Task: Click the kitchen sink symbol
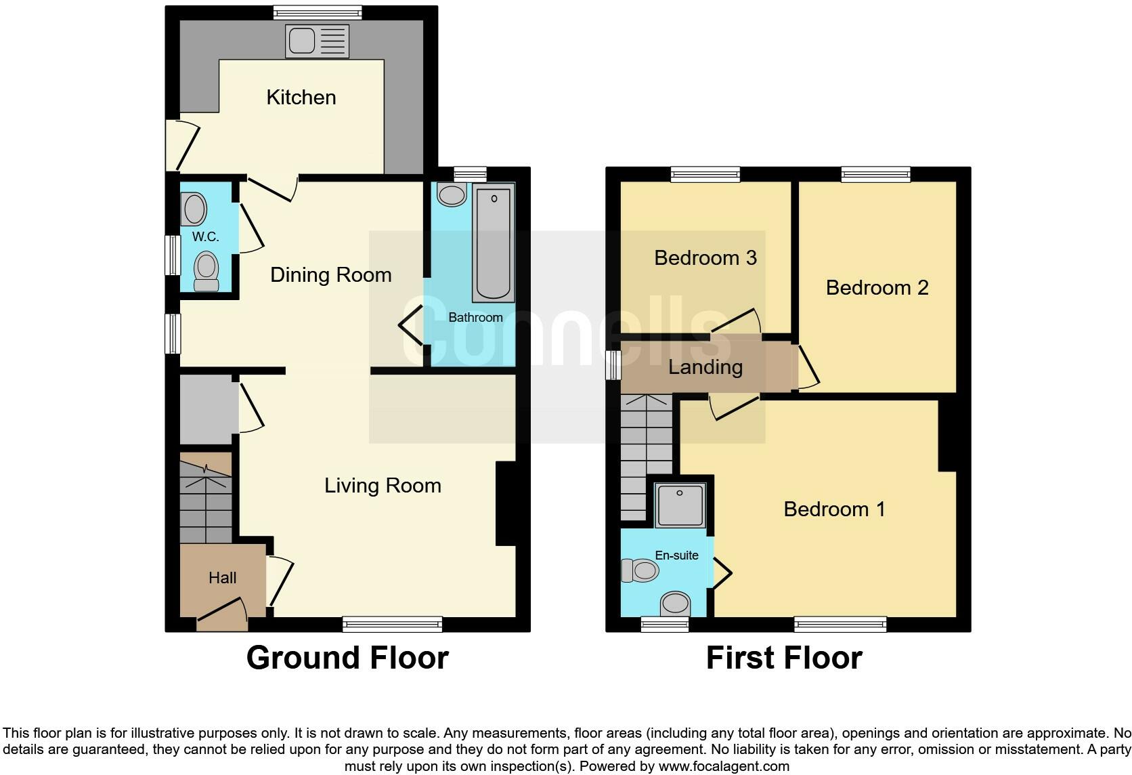(x=317, y=41)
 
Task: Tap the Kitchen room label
(x=301, y=98)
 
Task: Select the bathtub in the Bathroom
(x=494, y=243)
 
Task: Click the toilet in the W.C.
(x=206, y=270)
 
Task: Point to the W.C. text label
(x=205, y=236)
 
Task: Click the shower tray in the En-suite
(x=681, y=505)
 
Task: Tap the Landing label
(x=705, y=367)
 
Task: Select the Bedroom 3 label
(x=705, y=258)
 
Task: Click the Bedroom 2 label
(x=877, y=288)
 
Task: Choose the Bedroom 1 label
(x=834, y=509)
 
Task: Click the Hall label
(x=222, y=578)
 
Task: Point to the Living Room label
(x=383, y=486)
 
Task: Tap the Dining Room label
(x=330, y=275)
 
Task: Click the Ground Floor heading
(x=347, y=658)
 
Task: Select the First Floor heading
(x=784, y=658)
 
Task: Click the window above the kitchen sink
(x=318, y=12)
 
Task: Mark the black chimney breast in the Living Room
(x=506, y=503)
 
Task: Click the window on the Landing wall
(x=613, y=365)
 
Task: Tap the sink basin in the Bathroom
(x=452, y=195)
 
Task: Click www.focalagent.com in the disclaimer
(x=724, y=767)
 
